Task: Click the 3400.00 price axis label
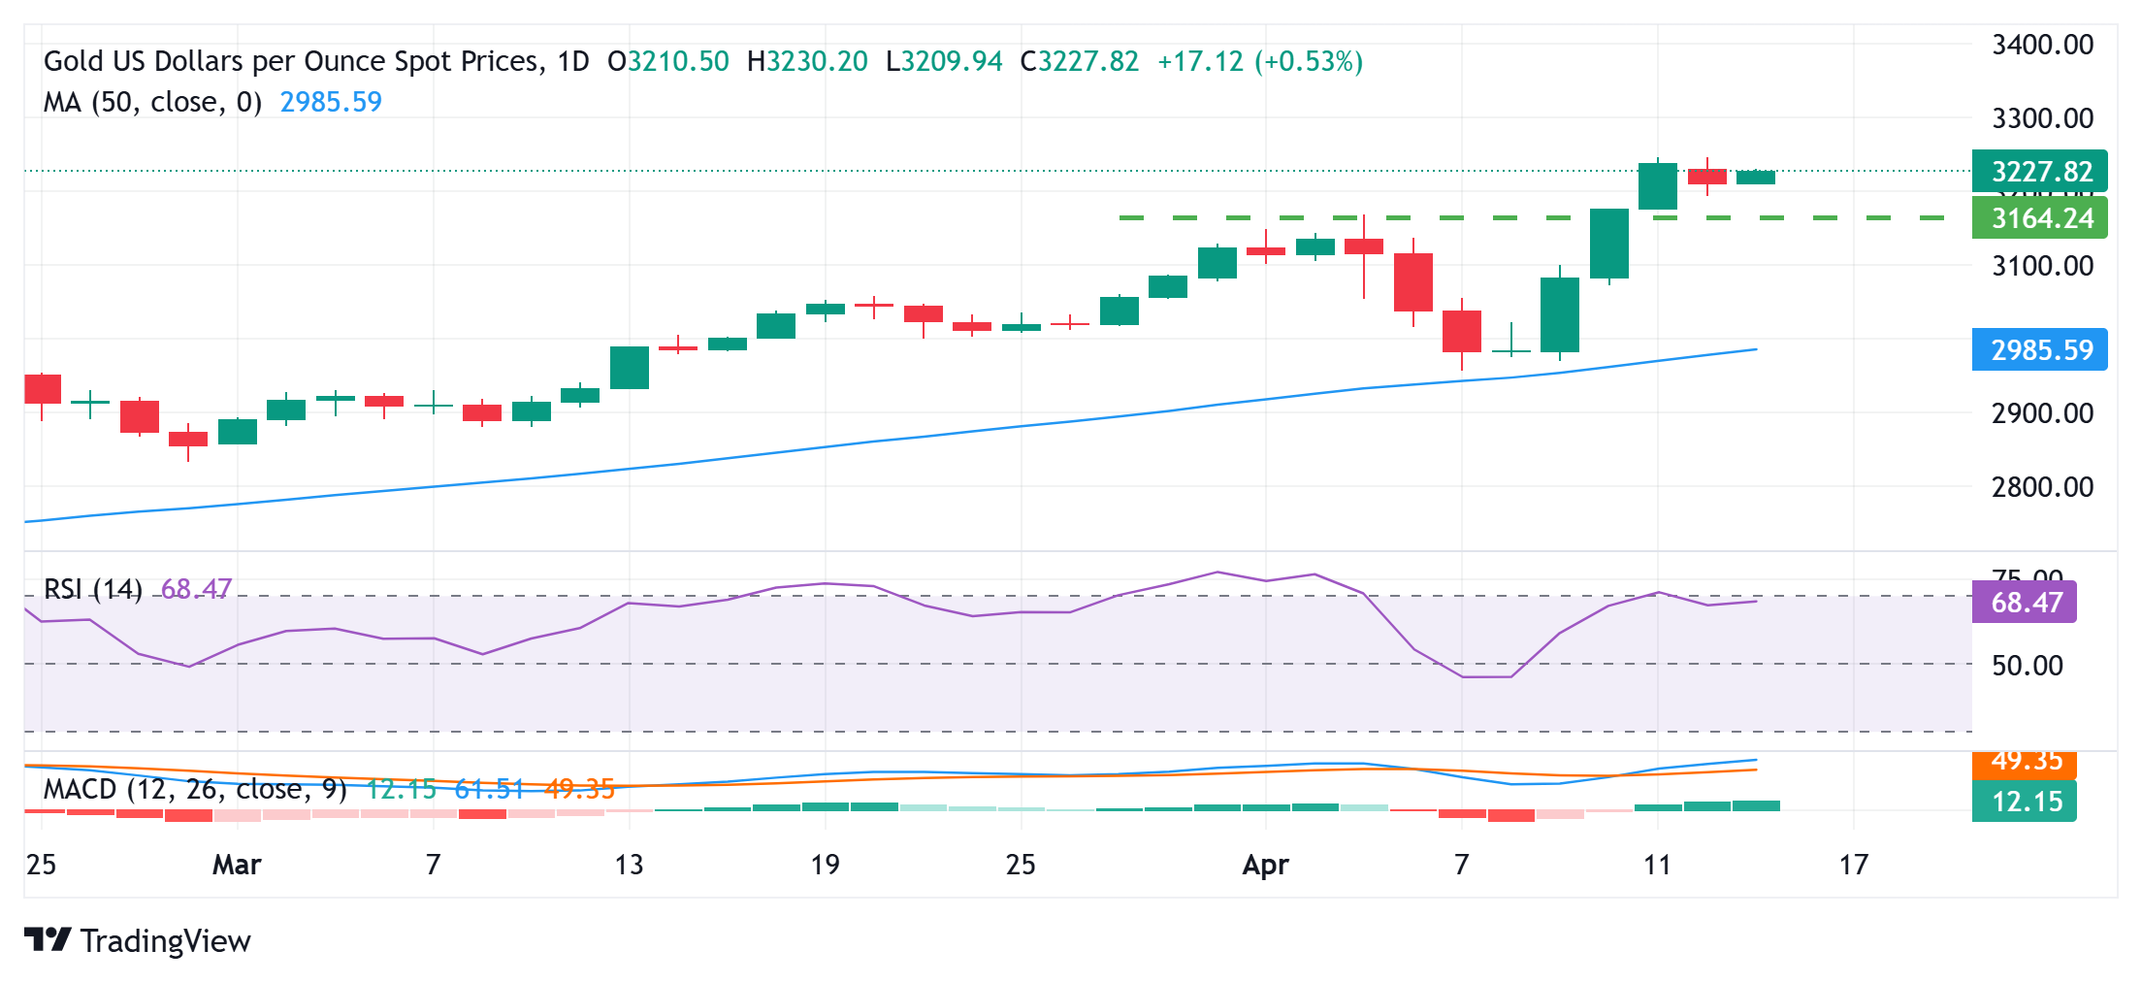tap(2041, 45)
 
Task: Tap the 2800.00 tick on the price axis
tap(2041, 486)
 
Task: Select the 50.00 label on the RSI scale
tap(2027, 666)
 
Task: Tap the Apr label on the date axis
tap(1265, 864)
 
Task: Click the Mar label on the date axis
tap(237, 864)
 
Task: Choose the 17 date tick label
tap(1853, 864)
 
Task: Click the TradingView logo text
tap(165, 940)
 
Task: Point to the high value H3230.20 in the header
tap(807, 62)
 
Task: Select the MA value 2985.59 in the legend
tap(331, 102)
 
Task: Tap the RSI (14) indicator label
tap(93, 589)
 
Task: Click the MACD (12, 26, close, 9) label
tap(194, 789)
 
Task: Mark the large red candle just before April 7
tap(1413, 282)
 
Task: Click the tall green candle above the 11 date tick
tap(1658, 185)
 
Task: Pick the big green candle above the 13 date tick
tap(630, 368)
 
